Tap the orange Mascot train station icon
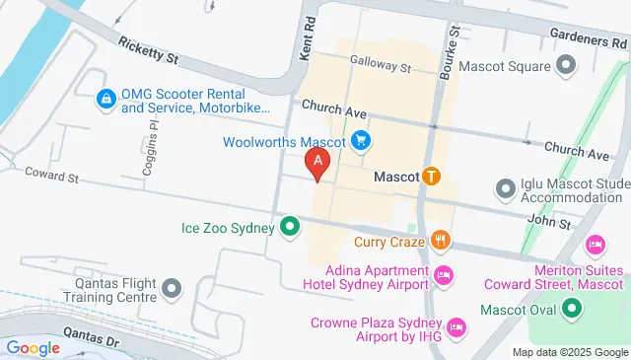(x=430, y=178)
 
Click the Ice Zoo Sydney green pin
(x=290, y=228)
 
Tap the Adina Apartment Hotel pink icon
(x=444, y=273)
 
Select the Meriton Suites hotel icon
(x=595, y=244)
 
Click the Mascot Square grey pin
(x=566, y=67)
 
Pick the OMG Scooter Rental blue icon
(x=105, y=99)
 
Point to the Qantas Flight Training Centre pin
(x=173, y=289)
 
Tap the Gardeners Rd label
(x=590, y=40)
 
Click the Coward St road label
(x=52, y=177)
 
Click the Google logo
(x=34, y=321)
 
